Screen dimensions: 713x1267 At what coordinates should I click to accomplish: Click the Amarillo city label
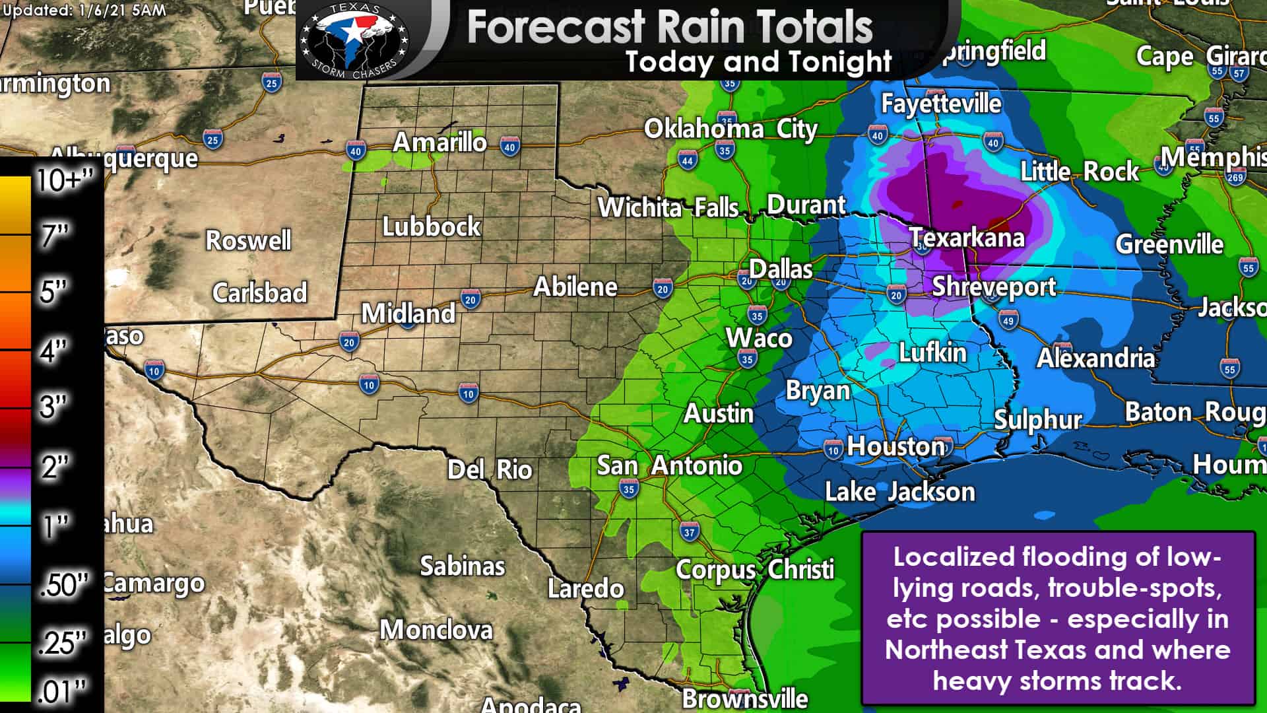point(439,143)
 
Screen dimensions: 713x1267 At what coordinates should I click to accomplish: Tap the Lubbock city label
point(432,227)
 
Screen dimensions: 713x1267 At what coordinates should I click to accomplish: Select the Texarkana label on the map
point(967,238)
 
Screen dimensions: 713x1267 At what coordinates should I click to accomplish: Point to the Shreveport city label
point(994,287)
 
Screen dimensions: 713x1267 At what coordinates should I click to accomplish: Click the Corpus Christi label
point(755,570)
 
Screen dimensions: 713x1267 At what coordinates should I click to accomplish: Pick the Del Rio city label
point(490,470)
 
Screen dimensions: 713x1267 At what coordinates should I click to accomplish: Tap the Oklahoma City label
point(731,129)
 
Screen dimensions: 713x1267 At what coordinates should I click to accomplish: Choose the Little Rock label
point(1080,172)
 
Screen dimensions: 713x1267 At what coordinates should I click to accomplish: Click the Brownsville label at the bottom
point(745,698)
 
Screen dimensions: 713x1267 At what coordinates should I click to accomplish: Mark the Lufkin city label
point(932,353)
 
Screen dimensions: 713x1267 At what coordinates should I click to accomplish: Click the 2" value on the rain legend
point(55,467)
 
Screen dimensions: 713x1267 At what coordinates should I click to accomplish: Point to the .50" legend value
point(63,585)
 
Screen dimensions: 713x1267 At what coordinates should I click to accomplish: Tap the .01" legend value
point(62,692)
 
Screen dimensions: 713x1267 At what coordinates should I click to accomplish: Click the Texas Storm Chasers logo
point(354,40)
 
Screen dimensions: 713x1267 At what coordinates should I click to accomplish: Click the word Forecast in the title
point(556,27)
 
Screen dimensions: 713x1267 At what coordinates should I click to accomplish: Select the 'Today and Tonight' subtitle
point(759,62)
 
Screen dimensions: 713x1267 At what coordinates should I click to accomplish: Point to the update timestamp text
point(84,10)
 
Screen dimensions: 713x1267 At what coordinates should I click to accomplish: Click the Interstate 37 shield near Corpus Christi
point(689,531)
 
